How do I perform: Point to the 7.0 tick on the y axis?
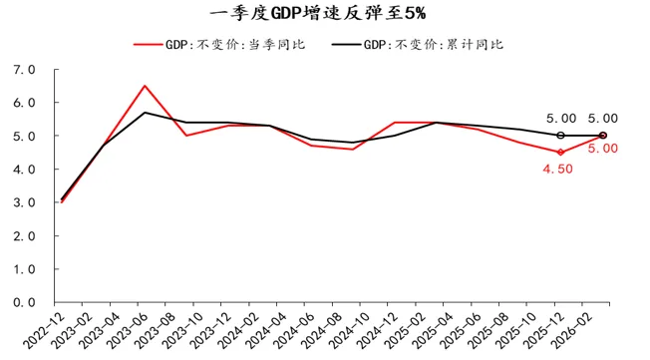[x=24, y=70]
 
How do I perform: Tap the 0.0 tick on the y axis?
[x=24, y=302]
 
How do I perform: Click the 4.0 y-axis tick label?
[x=24, y=170]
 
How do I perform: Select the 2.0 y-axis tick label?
[x=24, y=236]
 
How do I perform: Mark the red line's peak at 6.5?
[x=146, y=86]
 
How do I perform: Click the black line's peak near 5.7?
[x=146, y=113]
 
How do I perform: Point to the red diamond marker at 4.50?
[x=560, y=153]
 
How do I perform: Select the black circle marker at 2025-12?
[x=560, y=136]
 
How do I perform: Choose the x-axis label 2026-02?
[x=588, y=329]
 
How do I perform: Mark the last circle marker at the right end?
[x=602, y=136]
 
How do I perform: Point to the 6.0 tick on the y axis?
[x=24, y=103]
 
